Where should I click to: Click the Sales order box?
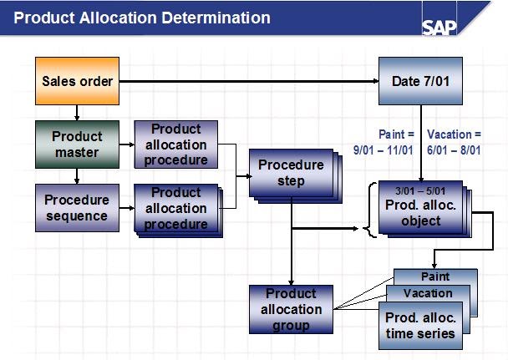(77, 81)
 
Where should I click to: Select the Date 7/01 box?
(419, 81)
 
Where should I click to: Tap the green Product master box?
(77, 144)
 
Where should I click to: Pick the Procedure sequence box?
(77, 208)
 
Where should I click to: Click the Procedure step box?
(289, 173)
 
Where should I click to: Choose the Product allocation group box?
(291, 308)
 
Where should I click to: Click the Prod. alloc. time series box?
(419, 325)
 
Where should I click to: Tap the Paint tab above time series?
(435, 276)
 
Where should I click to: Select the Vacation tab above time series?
(428, 293)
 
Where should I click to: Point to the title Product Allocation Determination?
(142, 18)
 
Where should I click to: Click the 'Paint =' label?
(395, 134)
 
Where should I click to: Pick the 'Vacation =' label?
(454, 134)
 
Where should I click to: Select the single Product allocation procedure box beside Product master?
(176, 144)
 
